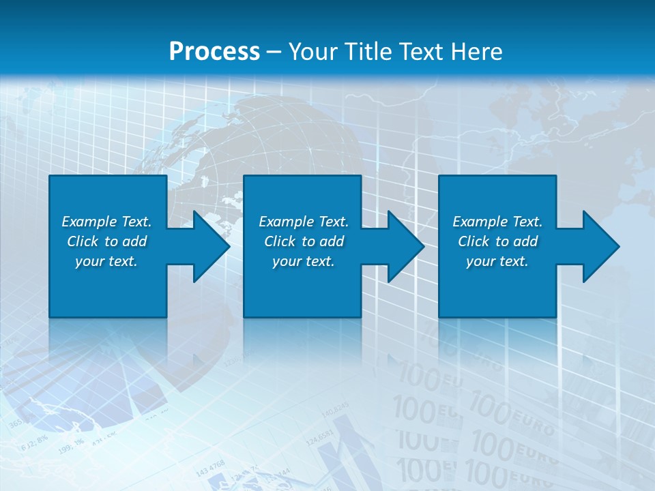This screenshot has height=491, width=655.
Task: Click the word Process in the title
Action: (x=214, y=52)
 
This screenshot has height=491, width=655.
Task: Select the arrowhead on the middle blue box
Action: (x=405, y=246)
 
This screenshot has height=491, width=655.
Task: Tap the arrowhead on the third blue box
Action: (x=600, y=246)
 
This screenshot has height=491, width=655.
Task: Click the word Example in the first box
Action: (x=89, y=222)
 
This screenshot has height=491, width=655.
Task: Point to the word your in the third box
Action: (x=480, y=262)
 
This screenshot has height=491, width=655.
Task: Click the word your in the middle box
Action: (x=287, y=262)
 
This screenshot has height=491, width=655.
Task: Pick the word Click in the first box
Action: (x=83, y=241)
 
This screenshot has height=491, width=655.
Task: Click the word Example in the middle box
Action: (x=286, y=222)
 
